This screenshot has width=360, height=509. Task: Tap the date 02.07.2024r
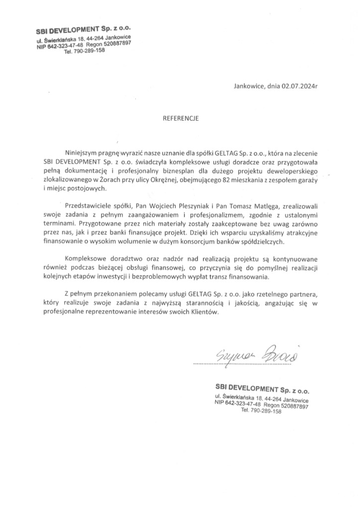pyautogui.click(x=298, y=85)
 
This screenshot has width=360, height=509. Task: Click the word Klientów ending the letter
pyautogui.click(x=204, y=314)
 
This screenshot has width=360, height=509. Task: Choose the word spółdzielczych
pyautogui.click(x=262, y=241)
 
